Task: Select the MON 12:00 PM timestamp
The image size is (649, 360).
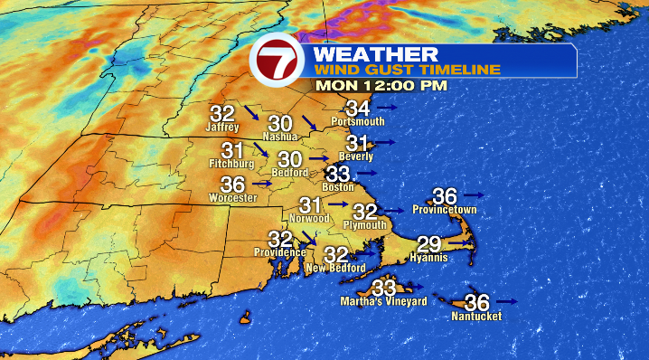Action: click(x=381, y=86)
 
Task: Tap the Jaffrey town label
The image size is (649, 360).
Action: click(x=221, y=128)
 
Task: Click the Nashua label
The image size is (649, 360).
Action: click(x=279, y=137)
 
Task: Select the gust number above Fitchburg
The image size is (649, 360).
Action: click(x=232, y=150)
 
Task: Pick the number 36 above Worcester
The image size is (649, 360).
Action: click(x=232, y=184)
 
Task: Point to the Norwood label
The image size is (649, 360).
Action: click(x=310, y=219)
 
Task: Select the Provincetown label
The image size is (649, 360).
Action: click(x=444, y=209)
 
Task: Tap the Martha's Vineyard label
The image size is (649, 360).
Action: click(x=382, y=301)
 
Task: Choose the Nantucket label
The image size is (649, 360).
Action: click(x=475, y=317)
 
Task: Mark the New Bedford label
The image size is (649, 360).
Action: click(x=335, y=269)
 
